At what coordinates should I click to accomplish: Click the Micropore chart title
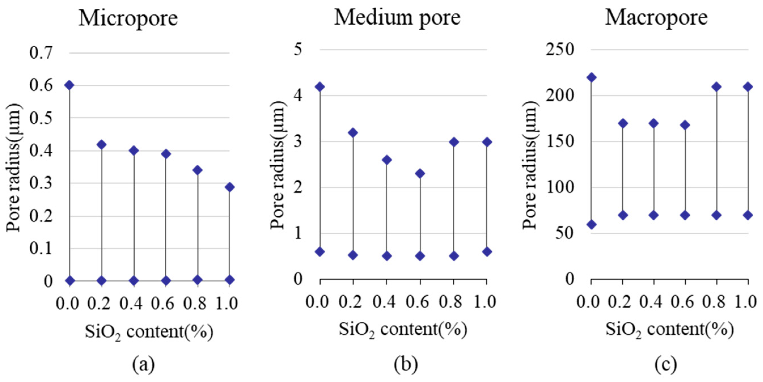[x=128, y=18]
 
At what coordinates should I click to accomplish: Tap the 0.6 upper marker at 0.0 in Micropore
[x=70, y=85]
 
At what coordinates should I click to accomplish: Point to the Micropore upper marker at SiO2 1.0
[x=230, y=187]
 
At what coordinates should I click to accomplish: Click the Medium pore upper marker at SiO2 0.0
[x=320, y=87]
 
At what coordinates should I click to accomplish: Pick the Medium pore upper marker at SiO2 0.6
[x=420, y=173]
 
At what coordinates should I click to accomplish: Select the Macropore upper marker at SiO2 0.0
[x=592, y=78]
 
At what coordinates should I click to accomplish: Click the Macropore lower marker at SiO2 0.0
[x=592, y=224]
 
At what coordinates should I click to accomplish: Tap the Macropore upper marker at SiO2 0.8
[x=717, y=87]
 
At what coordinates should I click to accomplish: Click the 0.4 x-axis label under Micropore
[x=131, y=304]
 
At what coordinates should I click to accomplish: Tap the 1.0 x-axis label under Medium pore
[x=485, y=302]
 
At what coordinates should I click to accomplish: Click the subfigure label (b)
[x=406, y=365]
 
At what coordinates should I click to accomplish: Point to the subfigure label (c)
[x=666, y=365]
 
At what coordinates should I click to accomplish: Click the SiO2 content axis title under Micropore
[x=149, y=332]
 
